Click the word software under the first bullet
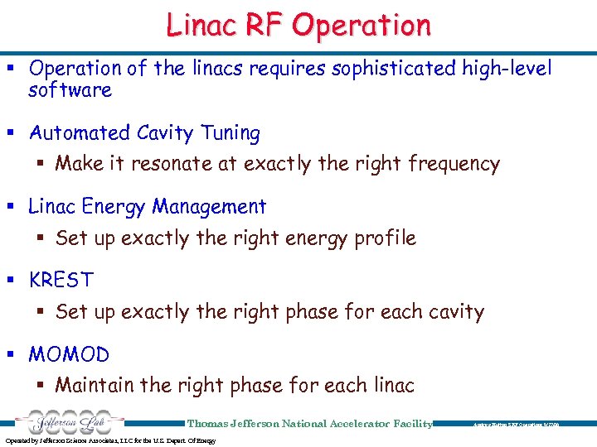point(70,89)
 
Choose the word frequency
point(454,164)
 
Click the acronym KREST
point(61,280)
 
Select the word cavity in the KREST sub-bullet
point(455,312)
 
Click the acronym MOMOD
point(69,354)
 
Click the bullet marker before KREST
point(16,280)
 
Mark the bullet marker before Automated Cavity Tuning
point(16,133)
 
